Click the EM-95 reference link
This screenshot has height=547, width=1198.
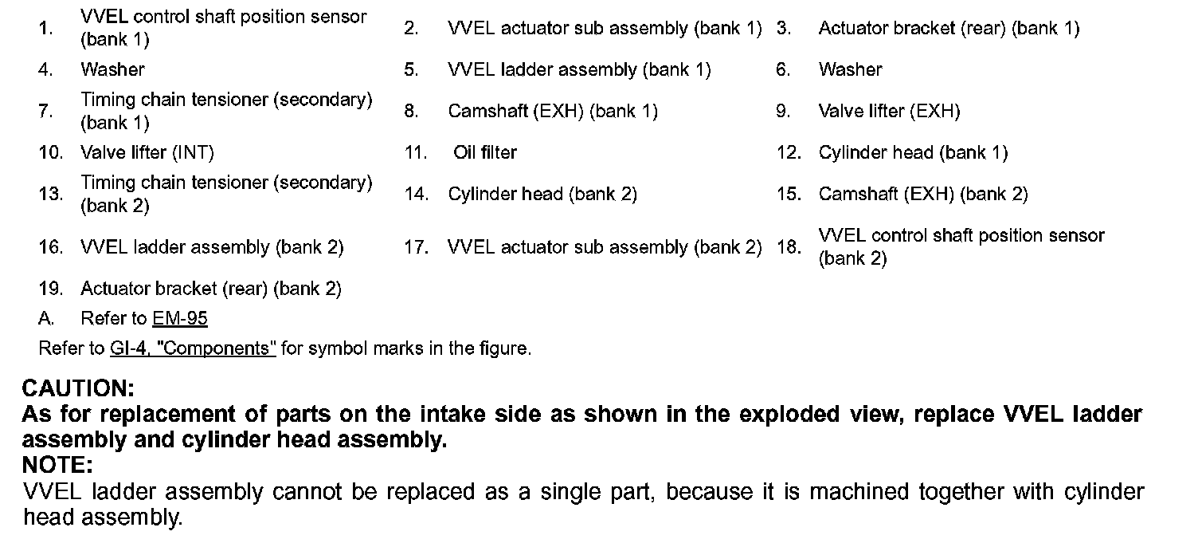180,319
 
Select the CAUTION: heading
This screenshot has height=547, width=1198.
78,389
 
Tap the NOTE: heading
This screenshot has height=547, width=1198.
57,464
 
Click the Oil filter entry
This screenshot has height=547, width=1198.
485,152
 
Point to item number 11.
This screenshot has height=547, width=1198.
416,152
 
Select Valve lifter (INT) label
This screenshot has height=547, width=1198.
147,152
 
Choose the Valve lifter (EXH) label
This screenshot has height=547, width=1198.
889,111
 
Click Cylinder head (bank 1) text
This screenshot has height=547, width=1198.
913,152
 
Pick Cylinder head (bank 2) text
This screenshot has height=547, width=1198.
542,194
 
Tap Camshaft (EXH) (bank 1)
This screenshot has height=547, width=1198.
553,111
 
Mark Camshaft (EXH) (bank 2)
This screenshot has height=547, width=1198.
923,194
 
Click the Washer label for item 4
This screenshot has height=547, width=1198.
112,69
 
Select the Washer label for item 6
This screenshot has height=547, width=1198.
850,69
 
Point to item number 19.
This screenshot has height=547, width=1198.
50,289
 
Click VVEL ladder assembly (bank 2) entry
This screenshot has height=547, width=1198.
212,247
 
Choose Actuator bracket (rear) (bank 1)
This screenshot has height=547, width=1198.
949,29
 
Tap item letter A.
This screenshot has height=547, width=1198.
46,319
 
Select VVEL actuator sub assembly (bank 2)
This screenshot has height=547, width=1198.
605,247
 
